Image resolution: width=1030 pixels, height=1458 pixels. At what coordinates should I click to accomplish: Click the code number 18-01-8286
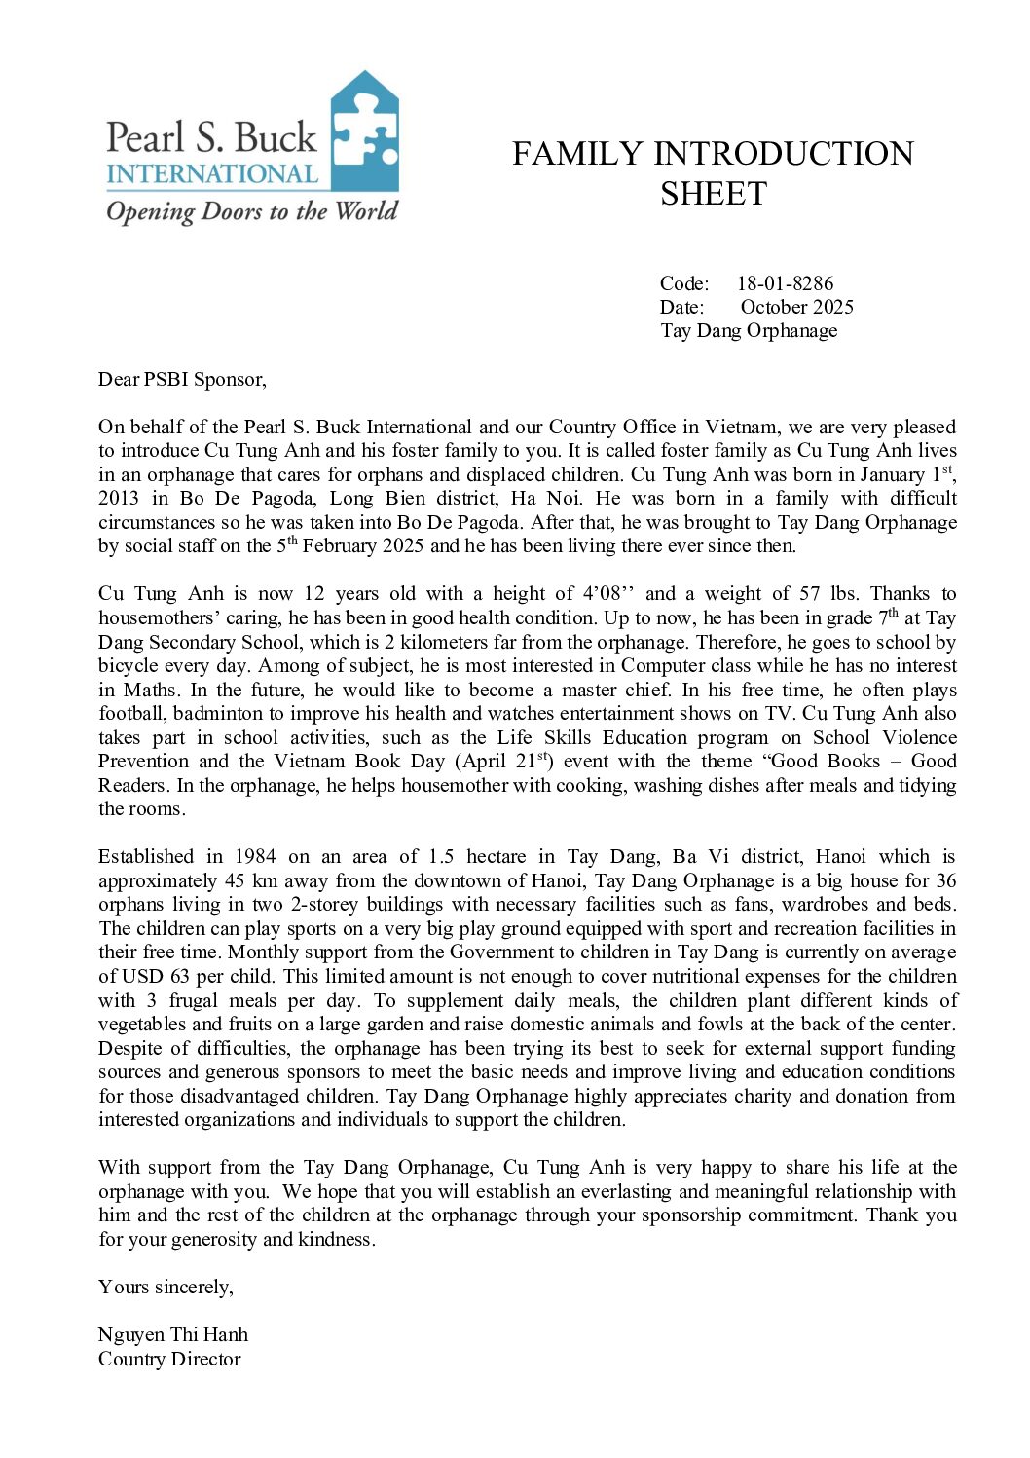[785, 283]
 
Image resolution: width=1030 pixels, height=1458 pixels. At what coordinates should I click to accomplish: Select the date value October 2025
[796, 307]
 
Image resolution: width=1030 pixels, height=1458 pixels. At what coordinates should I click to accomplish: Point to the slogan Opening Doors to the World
[252, 211]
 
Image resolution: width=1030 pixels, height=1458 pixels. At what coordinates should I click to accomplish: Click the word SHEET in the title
[714, 194]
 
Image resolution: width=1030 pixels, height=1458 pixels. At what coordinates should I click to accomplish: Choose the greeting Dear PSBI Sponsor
[182, 379]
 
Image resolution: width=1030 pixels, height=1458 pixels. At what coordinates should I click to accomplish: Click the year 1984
[255, 857]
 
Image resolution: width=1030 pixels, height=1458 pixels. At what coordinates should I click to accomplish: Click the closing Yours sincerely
[166, 1288]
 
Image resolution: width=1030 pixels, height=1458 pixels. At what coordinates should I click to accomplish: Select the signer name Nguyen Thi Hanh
[173, 1335]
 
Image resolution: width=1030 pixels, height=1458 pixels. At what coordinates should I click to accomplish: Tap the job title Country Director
[169, 1360]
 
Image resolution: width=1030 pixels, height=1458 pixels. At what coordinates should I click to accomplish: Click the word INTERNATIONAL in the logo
[212, 174]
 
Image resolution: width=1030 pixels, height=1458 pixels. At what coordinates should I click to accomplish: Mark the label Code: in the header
[684, 283]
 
